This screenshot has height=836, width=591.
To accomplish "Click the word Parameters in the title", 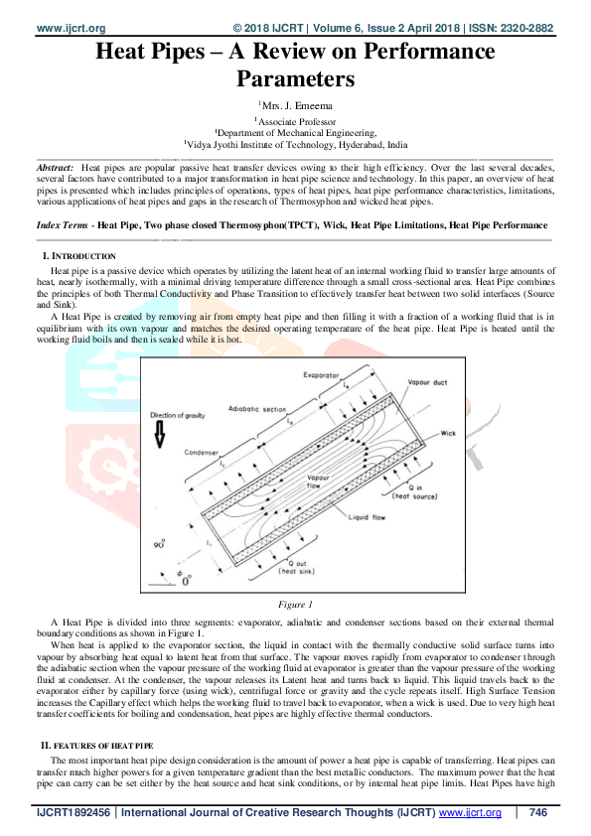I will (x=295, y=76).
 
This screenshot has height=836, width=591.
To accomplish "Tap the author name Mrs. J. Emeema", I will (x=297, y=104).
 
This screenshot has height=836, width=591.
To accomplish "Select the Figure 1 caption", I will (x=295, y=604).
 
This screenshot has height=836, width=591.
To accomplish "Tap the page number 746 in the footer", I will (x=537, y=813).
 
